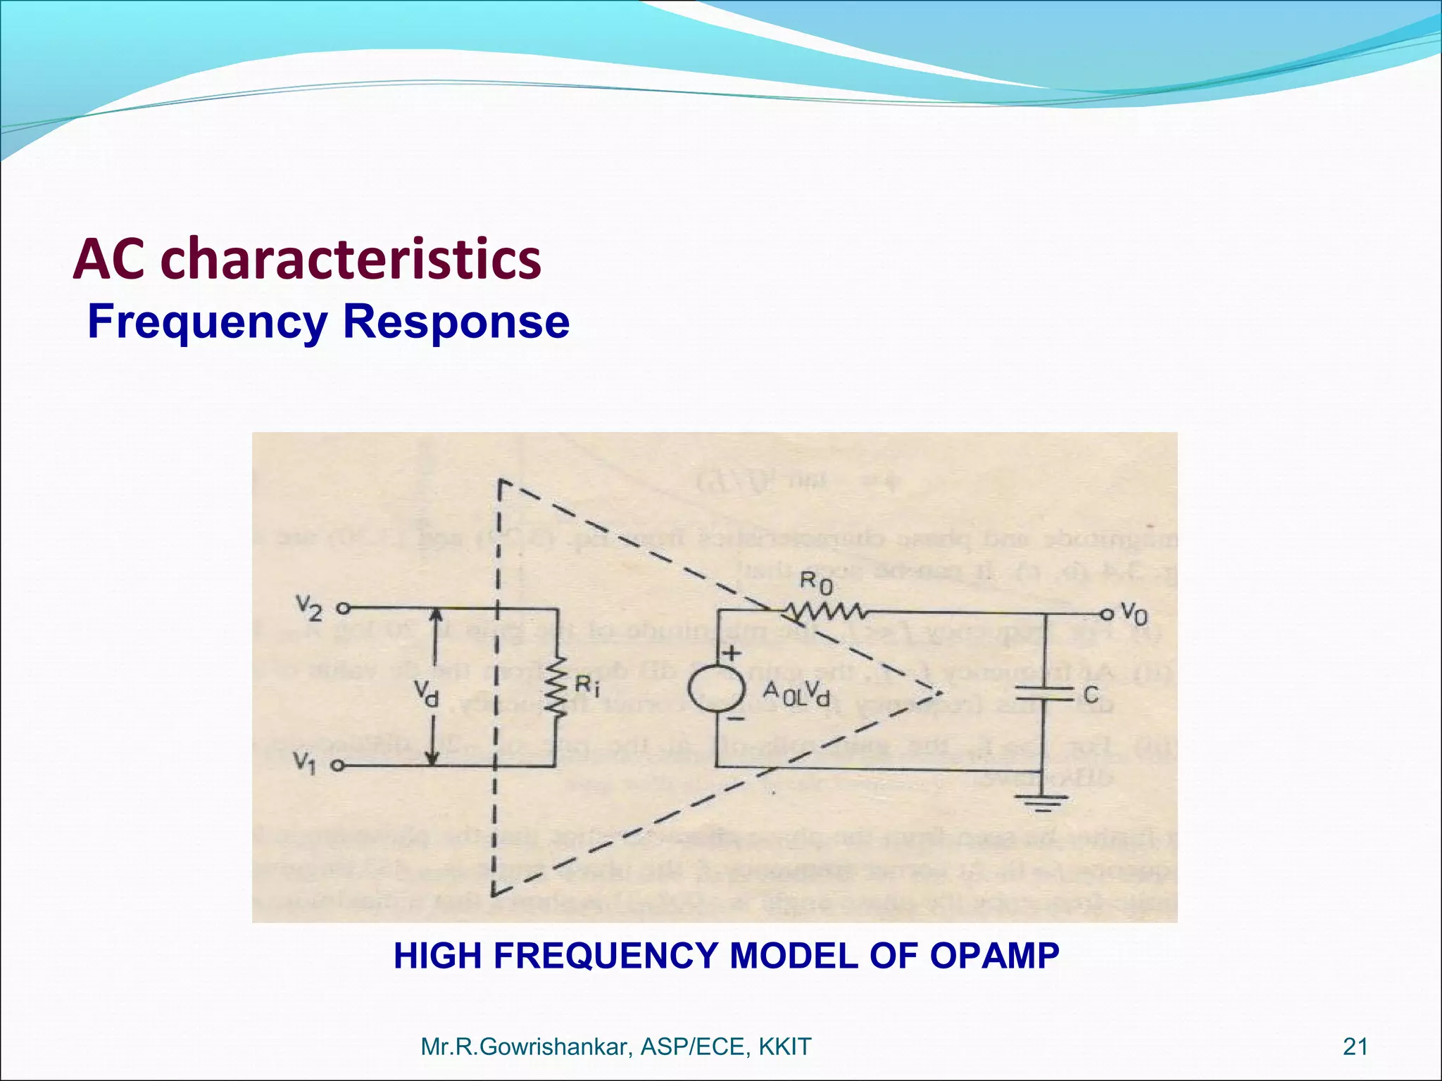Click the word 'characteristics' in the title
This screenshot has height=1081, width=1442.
(x=351, y=259)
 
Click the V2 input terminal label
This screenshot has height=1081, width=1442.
(x=309, y=608)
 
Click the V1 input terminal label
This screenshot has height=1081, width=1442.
(x=305, y=763)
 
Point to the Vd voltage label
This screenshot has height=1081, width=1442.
(x=426, y=695)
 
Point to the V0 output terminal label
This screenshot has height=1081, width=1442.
(x=1134, y=614)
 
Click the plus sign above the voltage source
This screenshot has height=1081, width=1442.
(x=732, y=652)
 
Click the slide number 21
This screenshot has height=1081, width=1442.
(x=1355, y=1047)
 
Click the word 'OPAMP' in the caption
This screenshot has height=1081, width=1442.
(x=994, y=956)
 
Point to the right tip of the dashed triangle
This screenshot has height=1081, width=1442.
(x=941, y=693)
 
